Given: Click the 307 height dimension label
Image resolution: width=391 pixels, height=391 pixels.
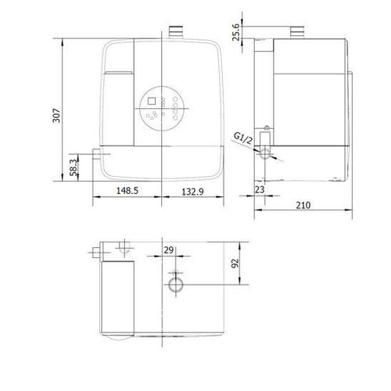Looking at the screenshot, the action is [56, 115].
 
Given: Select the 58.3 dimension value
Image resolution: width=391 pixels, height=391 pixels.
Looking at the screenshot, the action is [74, 167].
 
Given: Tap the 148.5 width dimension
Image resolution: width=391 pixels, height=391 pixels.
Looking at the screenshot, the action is [127, 191].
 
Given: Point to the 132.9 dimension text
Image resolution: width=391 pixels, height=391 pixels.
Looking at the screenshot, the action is [192, 192].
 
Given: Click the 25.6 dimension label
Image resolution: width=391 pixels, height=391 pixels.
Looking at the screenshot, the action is [236, 32].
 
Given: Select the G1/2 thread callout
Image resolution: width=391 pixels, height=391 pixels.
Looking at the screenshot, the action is [243, 138].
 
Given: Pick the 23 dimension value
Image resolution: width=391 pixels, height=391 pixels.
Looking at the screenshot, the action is [260, 189].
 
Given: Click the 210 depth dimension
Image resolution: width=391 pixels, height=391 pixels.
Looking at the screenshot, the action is [303, 206].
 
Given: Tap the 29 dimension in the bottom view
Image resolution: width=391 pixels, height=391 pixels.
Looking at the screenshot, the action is [169, 250].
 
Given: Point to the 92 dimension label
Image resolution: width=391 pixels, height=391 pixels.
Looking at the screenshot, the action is [235, 264].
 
